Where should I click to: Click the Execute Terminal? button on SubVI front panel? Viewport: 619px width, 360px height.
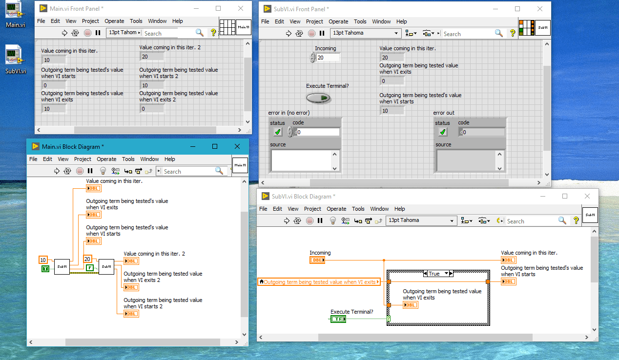tap(318, 98)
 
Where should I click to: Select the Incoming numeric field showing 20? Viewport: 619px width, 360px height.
tap(328, 58)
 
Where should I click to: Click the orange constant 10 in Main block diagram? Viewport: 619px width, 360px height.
tap(43, 260)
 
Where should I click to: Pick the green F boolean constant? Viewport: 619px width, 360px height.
tap(90, 267)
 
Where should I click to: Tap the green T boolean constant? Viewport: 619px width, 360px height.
tap(45, 269)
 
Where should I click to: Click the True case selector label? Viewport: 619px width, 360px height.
tap(434, 274)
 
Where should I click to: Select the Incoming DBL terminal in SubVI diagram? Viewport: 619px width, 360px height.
tap(317, 260)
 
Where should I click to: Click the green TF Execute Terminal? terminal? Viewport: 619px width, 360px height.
tap(338, 319)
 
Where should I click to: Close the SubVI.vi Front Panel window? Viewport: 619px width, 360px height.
tap(539, 9)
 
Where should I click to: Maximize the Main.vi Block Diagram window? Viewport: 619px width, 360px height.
tap(215, 146)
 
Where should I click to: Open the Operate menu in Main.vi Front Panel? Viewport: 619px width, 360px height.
tap(114, 21)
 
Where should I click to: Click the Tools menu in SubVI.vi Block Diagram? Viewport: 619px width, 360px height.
tap(358, 209)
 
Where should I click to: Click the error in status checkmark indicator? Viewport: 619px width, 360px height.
tap(278, 132)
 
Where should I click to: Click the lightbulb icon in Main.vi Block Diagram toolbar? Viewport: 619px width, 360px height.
tap(103, 171)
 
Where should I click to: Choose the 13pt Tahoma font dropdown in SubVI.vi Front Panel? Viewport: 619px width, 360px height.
tap(366, 33)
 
